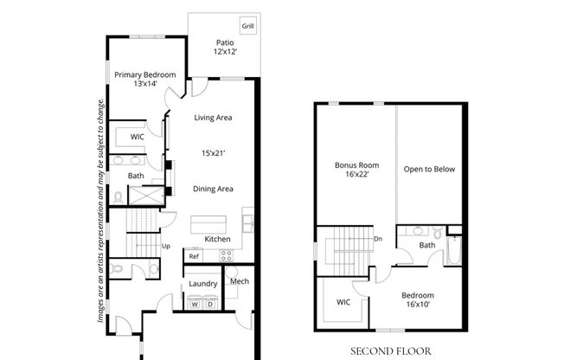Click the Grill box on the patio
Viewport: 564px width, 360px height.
pos(247,26)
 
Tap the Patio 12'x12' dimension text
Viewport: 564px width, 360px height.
pos(225,51)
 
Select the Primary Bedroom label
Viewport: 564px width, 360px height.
pos(145,75)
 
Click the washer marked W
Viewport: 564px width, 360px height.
pos(195,303)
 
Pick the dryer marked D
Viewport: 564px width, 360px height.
pos(211,303)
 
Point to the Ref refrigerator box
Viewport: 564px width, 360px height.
pos(194,255)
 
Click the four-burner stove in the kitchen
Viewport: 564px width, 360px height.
pos(227,255)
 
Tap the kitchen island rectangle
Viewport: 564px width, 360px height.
pos(208,225)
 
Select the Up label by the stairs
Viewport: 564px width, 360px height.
pos(166,247)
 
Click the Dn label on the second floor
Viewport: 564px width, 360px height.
pos(378,239)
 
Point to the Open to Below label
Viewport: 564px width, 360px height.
pos(429,170)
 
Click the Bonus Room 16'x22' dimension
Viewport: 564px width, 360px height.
pos(356,175)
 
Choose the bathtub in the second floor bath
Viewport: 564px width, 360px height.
pos(454,250)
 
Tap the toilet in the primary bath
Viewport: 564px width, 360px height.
pos(118,197)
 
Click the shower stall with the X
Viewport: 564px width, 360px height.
pos(146,196)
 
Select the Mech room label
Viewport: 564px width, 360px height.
pos(240,281)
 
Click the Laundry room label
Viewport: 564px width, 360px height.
pos(203,284)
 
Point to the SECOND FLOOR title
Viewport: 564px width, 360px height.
pos(391,351)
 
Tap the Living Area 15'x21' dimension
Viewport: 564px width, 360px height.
pos(214,153)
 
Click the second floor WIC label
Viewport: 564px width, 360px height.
pos(343,302)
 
